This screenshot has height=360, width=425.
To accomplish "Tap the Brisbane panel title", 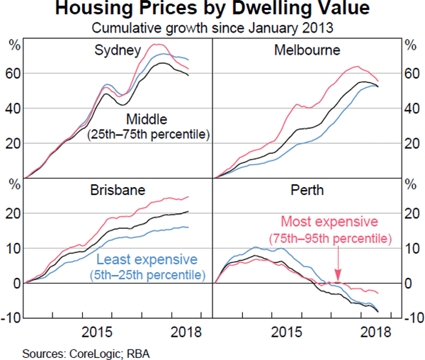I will (118, 191).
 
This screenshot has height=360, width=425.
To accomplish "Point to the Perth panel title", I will (307, 191).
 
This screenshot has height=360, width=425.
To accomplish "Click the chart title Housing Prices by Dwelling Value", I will (212, 10).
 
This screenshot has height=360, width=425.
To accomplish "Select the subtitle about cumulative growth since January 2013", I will (212, 28).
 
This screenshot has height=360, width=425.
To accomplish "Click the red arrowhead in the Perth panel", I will (338, 279).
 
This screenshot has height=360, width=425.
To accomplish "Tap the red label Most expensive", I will (331, 220).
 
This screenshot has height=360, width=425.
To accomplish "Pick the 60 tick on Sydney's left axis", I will (15, 74).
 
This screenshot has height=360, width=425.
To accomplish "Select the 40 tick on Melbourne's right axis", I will (410, 108).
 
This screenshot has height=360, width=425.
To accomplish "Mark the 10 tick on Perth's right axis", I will (410, 248).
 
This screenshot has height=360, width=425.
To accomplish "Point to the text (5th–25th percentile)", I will (147, 274).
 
